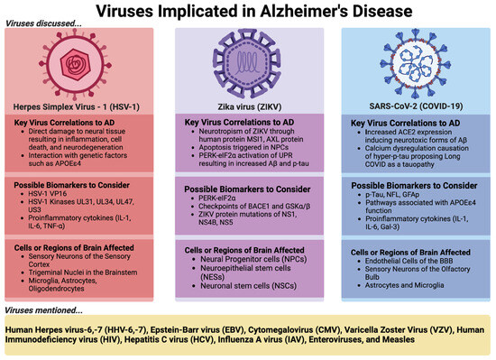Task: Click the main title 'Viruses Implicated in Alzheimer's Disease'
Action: (247, 12)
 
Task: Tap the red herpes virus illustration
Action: (81, 65)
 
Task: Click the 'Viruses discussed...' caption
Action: (37, 23)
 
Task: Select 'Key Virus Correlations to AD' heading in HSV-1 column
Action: (72, 122)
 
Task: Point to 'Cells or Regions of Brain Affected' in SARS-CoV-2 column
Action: (410, 251)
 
